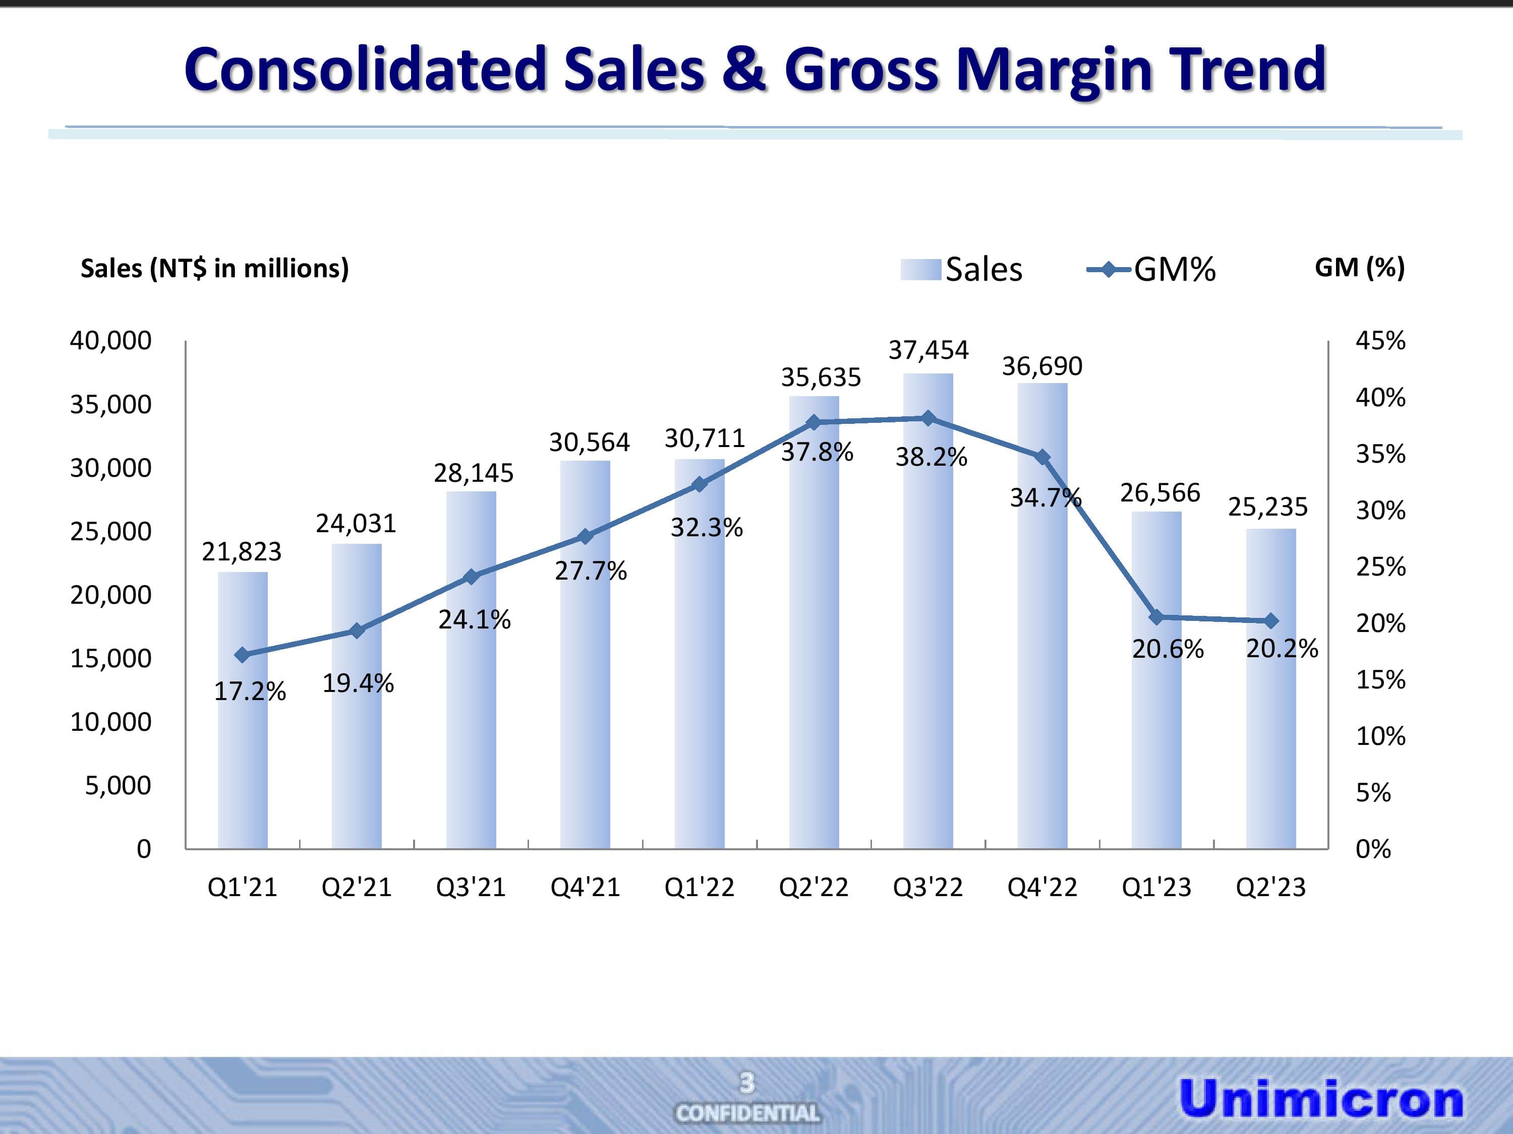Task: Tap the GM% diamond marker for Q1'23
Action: pos(1156,617)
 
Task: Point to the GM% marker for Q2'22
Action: pos(813,422)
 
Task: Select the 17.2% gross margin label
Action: pos(250,691)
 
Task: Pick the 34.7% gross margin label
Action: pos(1045,497)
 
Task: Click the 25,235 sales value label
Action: pos(1267,507)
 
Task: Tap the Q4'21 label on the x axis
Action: pos(585,887)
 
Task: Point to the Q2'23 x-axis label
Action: pos(1271,887)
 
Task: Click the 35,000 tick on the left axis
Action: pos(111,405)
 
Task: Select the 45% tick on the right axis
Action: pos(1380,340)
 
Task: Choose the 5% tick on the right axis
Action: pos(1373,793)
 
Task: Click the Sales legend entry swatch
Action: pos(920,269)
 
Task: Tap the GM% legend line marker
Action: pos(1108,269)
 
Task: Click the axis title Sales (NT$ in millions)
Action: pos(215,268)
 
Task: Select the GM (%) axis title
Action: pos(1359,267)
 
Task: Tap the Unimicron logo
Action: pos(1321,1098)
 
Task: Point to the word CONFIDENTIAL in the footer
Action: pos(747,1113)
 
